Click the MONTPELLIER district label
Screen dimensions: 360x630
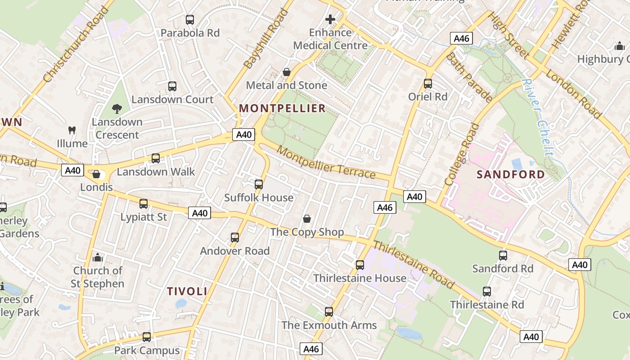(x=282, y=108)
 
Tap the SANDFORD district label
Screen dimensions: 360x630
(x=510, y=175)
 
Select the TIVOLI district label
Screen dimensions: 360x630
(x=187, y=291)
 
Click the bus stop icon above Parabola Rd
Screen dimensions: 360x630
(x=190, y=20)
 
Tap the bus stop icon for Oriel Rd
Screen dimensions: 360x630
(x=427, y=84)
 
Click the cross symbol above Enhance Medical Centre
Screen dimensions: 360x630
(x=330, y=19)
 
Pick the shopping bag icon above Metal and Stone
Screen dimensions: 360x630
(x=286, y=72)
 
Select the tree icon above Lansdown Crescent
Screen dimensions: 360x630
(x=117, y=108)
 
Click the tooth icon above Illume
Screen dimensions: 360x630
(x=72, y=130)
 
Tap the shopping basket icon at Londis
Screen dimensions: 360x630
(x=96, y=174)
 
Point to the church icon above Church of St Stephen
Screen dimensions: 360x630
(x=97, y=258)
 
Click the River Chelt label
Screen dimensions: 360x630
(x=538, y=118)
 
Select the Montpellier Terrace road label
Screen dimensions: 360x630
(x=326, y=162)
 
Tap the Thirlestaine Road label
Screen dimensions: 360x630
(x=413, y=265)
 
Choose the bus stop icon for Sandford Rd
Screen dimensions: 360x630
(x=503, y=256)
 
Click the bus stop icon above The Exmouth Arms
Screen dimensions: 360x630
(x=329, y=312)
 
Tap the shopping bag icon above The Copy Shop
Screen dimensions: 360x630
(x=307, y=219)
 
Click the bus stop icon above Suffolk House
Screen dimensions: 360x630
(x=258, y=184)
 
